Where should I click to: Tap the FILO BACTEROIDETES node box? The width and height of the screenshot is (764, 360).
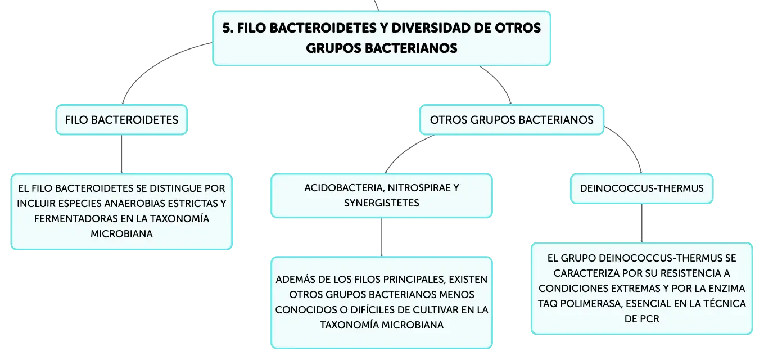point(121,120)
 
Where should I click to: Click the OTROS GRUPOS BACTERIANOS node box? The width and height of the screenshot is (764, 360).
point(512,120)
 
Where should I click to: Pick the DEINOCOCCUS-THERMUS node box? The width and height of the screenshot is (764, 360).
point(641,188)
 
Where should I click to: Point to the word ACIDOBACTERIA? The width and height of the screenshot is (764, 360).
point(344,188)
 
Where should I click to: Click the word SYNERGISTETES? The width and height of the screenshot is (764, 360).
point(382,203)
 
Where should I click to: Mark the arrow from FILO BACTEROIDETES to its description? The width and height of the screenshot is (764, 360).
point(121,154)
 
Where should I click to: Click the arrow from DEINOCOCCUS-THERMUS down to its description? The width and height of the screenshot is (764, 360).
point(641,223)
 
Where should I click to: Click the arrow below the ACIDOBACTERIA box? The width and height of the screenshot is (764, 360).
point(382,237)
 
